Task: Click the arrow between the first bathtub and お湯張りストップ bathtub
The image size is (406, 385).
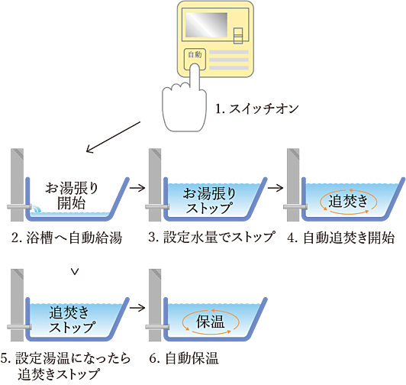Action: (x=138, y=188)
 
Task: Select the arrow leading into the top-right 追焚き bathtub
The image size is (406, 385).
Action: (x=276, y=188)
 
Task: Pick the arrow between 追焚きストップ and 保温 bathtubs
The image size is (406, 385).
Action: (x=138, y=308)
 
